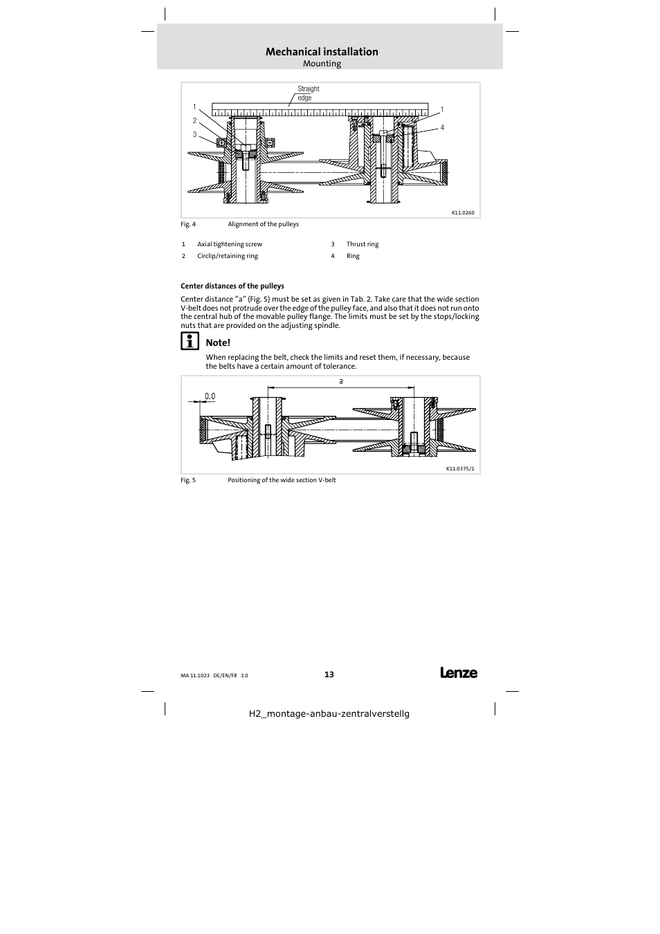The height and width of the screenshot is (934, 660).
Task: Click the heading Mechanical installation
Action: [322, 52]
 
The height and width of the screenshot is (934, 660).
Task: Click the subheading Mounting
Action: [322, 64]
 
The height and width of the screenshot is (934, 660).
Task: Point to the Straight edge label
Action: [308, 93]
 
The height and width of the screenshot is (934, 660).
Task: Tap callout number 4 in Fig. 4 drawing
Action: [442, 127]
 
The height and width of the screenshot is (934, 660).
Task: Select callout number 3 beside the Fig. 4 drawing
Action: [194, 135]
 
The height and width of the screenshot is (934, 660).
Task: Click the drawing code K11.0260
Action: [463, 212]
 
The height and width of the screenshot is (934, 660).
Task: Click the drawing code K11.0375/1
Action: [460, 468]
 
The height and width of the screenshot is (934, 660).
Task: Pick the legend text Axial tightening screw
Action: [230, 244]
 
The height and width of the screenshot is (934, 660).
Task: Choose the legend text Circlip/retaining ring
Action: [227, 256]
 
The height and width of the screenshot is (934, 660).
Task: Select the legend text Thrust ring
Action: [363, 244]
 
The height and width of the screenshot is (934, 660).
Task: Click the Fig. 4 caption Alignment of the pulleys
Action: [263, 224]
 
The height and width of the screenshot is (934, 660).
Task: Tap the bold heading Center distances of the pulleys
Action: [232, 286]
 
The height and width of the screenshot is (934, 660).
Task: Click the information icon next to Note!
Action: [190, 341]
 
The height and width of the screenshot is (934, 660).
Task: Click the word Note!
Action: [218, 342]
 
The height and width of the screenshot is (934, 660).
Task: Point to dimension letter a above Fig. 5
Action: [341, 381]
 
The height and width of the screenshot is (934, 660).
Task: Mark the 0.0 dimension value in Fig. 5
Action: [210, 396]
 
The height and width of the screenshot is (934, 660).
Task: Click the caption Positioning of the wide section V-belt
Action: [282, 480]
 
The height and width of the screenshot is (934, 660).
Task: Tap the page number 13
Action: [329, 675]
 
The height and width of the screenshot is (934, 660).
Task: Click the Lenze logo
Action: [458, 672]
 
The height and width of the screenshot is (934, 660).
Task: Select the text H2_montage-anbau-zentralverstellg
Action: [329, 713]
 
